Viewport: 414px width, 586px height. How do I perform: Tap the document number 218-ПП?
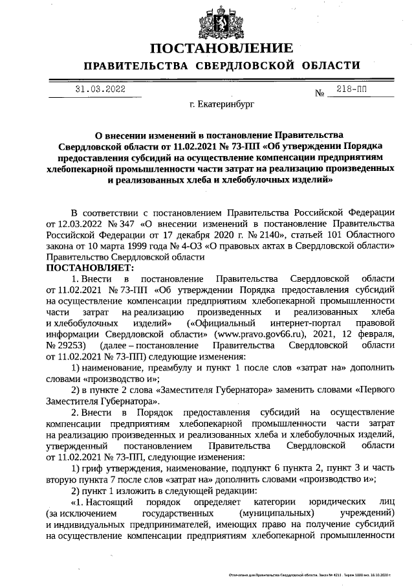click(351, 90)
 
